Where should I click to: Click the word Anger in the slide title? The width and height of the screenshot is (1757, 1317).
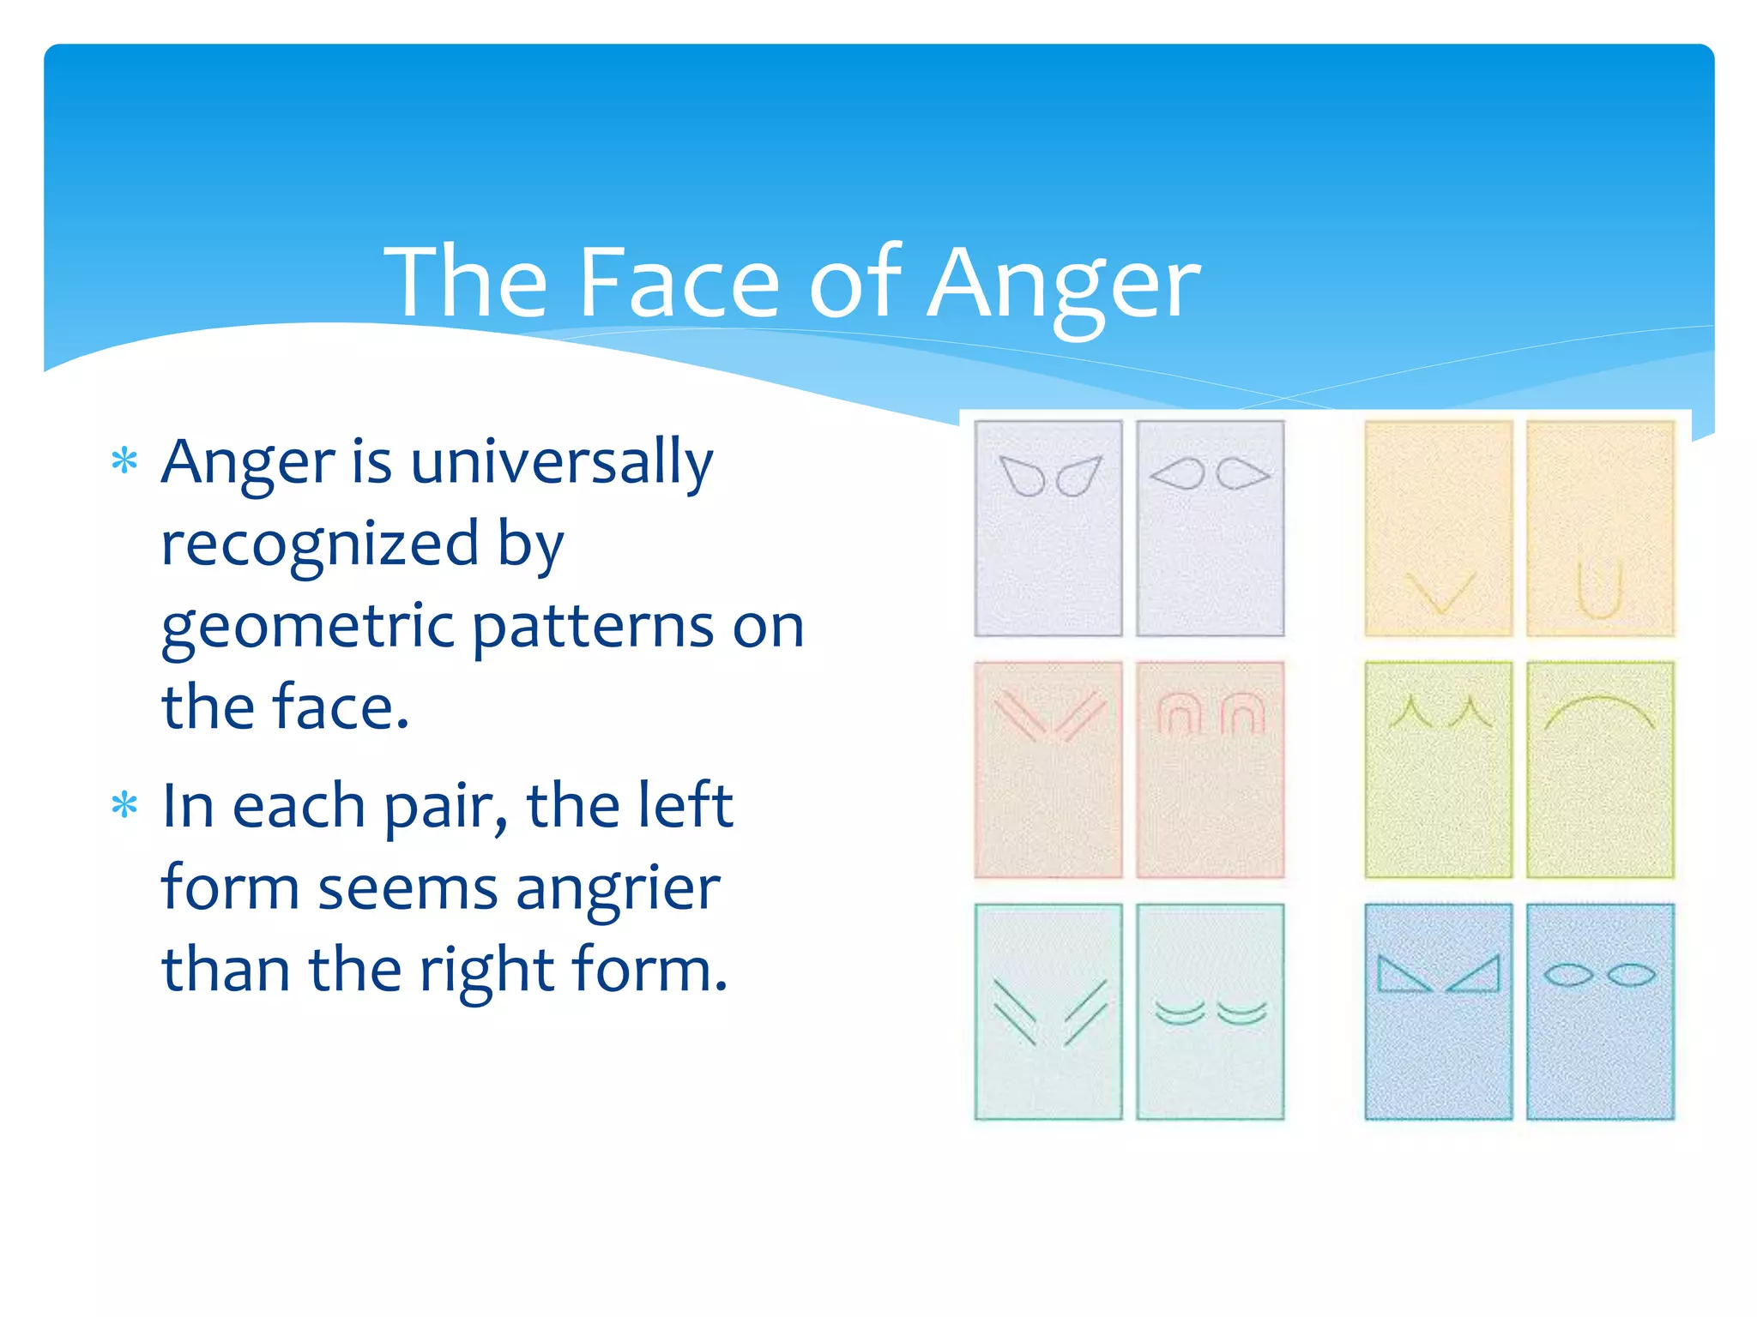(x=1064, y=283)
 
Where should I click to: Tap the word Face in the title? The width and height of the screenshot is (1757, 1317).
(x=678, y=283)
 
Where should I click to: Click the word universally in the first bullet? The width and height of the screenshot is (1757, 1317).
(x=562, y=463)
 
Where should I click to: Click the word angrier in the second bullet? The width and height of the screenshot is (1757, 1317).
(x=618, y=888)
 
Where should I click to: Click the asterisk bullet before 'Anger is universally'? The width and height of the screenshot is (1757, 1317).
(x=124, y=461)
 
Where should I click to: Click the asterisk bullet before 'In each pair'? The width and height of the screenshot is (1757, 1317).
(x=124, y=805)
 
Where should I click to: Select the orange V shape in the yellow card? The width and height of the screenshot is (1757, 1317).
(x=1440, y=592)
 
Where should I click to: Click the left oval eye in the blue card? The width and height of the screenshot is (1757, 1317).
(x=1568, y=975)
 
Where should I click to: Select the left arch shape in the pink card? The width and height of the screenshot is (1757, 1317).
(x=1179, y=714)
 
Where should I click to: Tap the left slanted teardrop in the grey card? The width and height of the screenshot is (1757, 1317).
(x=1022, y=476)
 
